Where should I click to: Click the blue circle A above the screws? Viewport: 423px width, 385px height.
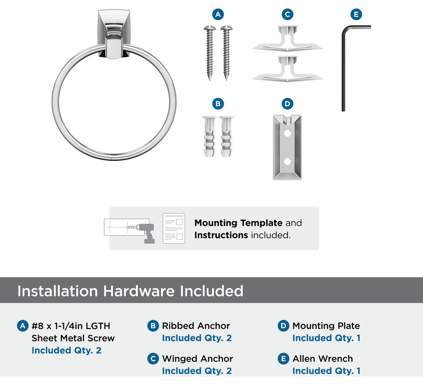click(218, 14)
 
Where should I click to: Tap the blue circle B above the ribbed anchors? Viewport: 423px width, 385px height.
click(218, 104)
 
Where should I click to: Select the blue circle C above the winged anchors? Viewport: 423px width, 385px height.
click(287, 14)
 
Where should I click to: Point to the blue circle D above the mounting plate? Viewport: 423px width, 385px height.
click(287, 104)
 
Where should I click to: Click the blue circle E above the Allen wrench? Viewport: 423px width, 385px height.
click(356, 14)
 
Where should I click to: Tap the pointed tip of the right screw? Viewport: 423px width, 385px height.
click(226, 80)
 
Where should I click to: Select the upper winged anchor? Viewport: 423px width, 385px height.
click(287, 38)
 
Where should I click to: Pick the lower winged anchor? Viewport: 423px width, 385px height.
click(287, 68)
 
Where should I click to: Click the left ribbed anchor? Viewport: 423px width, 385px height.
click(209, 136)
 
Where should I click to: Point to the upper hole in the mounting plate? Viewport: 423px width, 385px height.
click(287, 133)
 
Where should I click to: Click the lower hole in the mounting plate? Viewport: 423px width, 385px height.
click(287, 161)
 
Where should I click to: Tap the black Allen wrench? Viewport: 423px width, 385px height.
click(344, 68)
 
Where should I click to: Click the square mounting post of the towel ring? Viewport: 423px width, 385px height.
click(113, 34)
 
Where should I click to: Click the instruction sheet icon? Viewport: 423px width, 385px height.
click(174, 228)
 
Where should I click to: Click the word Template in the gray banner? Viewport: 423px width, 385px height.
click(261, 223)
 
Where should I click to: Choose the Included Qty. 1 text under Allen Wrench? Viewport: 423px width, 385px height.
click(326, 371)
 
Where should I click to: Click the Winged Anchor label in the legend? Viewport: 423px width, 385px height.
click(197, 358)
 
